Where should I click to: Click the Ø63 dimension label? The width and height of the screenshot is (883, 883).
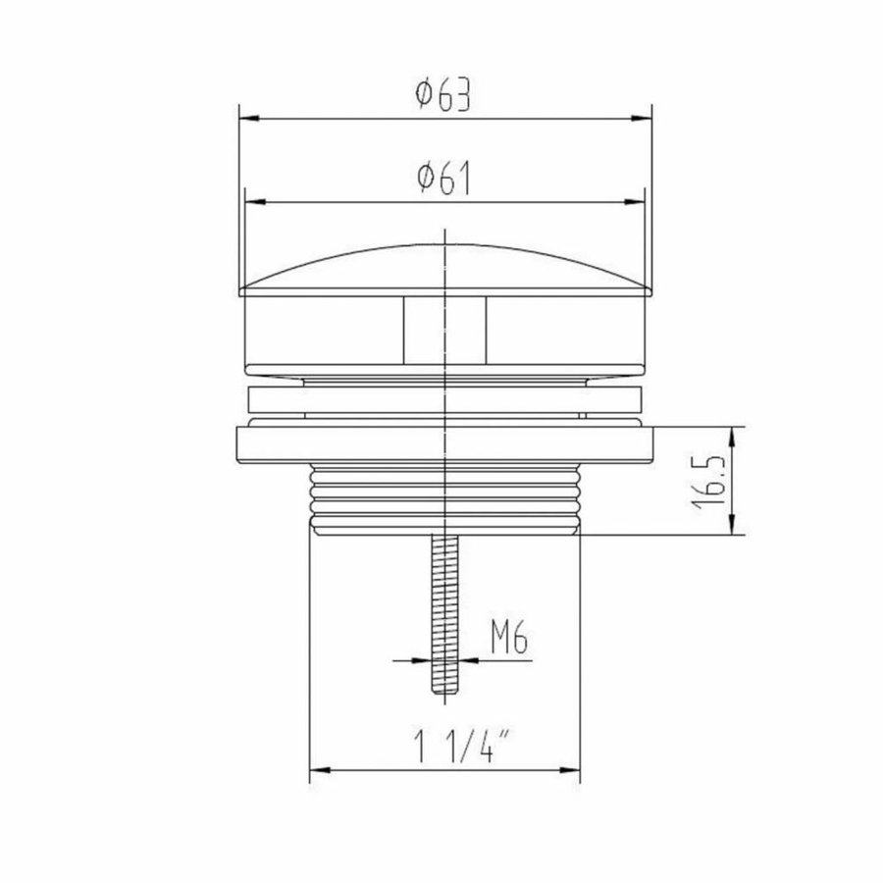coord(444,95)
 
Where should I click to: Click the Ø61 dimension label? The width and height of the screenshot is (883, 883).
coord(444,180)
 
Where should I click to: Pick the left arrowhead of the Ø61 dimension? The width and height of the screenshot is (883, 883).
coord(252,204)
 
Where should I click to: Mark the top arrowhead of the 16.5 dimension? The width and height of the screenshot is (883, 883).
coord(735,434)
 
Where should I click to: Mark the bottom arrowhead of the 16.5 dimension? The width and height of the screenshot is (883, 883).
coord(735,527)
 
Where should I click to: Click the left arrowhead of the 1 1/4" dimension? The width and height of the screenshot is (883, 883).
coord(318,771)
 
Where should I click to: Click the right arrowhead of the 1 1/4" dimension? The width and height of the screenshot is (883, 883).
coord(573,771)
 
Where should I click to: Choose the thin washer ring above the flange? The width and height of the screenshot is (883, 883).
coord(444,400)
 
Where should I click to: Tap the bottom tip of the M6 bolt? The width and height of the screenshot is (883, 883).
coord(445,692)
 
